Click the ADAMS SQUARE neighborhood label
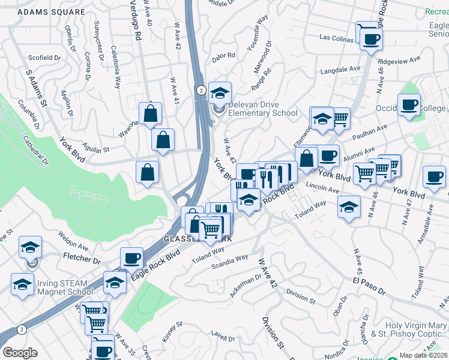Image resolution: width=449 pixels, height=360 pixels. (x=51, y=11)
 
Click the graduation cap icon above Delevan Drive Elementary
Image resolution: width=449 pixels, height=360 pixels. (x=220, y=92)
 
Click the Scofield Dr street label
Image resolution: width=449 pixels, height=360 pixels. (x=46, y=58)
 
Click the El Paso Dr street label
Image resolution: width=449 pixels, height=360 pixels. (x=369, y=283)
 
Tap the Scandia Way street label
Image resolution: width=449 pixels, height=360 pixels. (x=228, y=258)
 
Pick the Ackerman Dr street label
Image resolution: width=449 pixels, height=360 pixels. (x=245, y=287)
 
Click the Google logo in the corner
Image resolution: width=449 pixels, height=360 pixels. (x=20, y=352)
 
